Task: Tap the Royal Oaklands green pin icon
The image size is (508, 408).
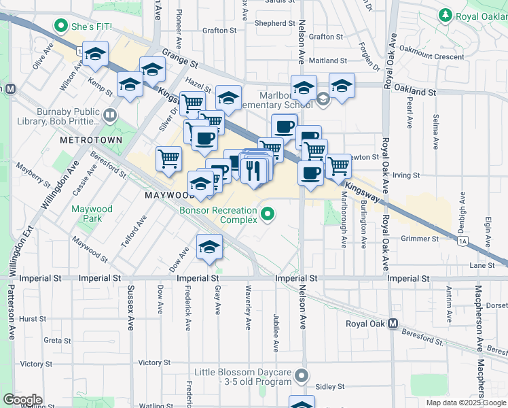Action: click(x=446, y=14)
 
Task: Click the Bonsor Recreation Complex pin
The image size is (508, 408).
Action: click(x=268, y=215)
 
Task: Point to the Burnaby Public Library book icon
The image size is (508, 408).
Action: click(x=110, y=116)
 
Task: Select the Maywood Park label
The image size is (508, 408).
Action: click(x=92, y=214)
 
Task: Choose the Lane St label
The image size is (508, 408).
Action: click(x=481, y=265)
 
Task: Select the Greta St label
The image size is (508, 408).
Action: click(x=52, y=340)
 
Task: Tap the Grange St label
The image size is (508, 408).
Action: click(x=180, y=58)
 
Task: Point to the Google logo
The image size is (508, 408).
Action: click(x=22, y=400)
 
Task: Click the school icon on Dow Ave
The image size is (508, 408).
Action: click(x=209, y=247)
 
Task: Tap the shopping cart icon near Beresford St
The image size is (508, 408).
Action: click(x=168, y=159)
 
